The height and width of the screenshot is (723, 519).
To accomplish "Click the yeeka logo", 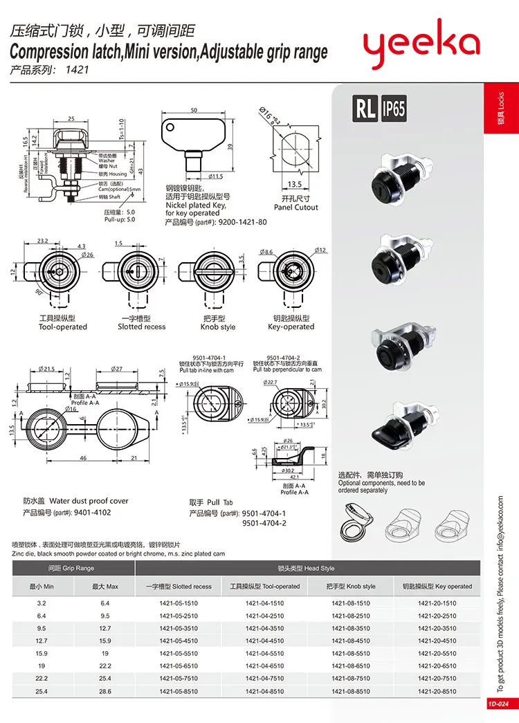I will tap(421, 45).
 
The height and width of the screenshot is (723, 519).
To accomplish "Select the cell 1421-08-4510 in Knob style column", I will tap(351, 641).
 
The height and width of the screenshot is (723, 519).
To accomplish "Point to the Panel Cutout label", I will tap(295, 207).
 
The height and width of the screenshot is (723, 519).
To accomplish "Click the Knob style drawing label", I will tap(218, 327).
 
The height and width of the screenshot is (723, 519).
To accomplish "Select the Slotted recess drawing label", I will tap(141, 327).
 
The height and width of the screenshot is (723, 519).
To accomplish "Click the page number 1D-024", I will tap(497, 704).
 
